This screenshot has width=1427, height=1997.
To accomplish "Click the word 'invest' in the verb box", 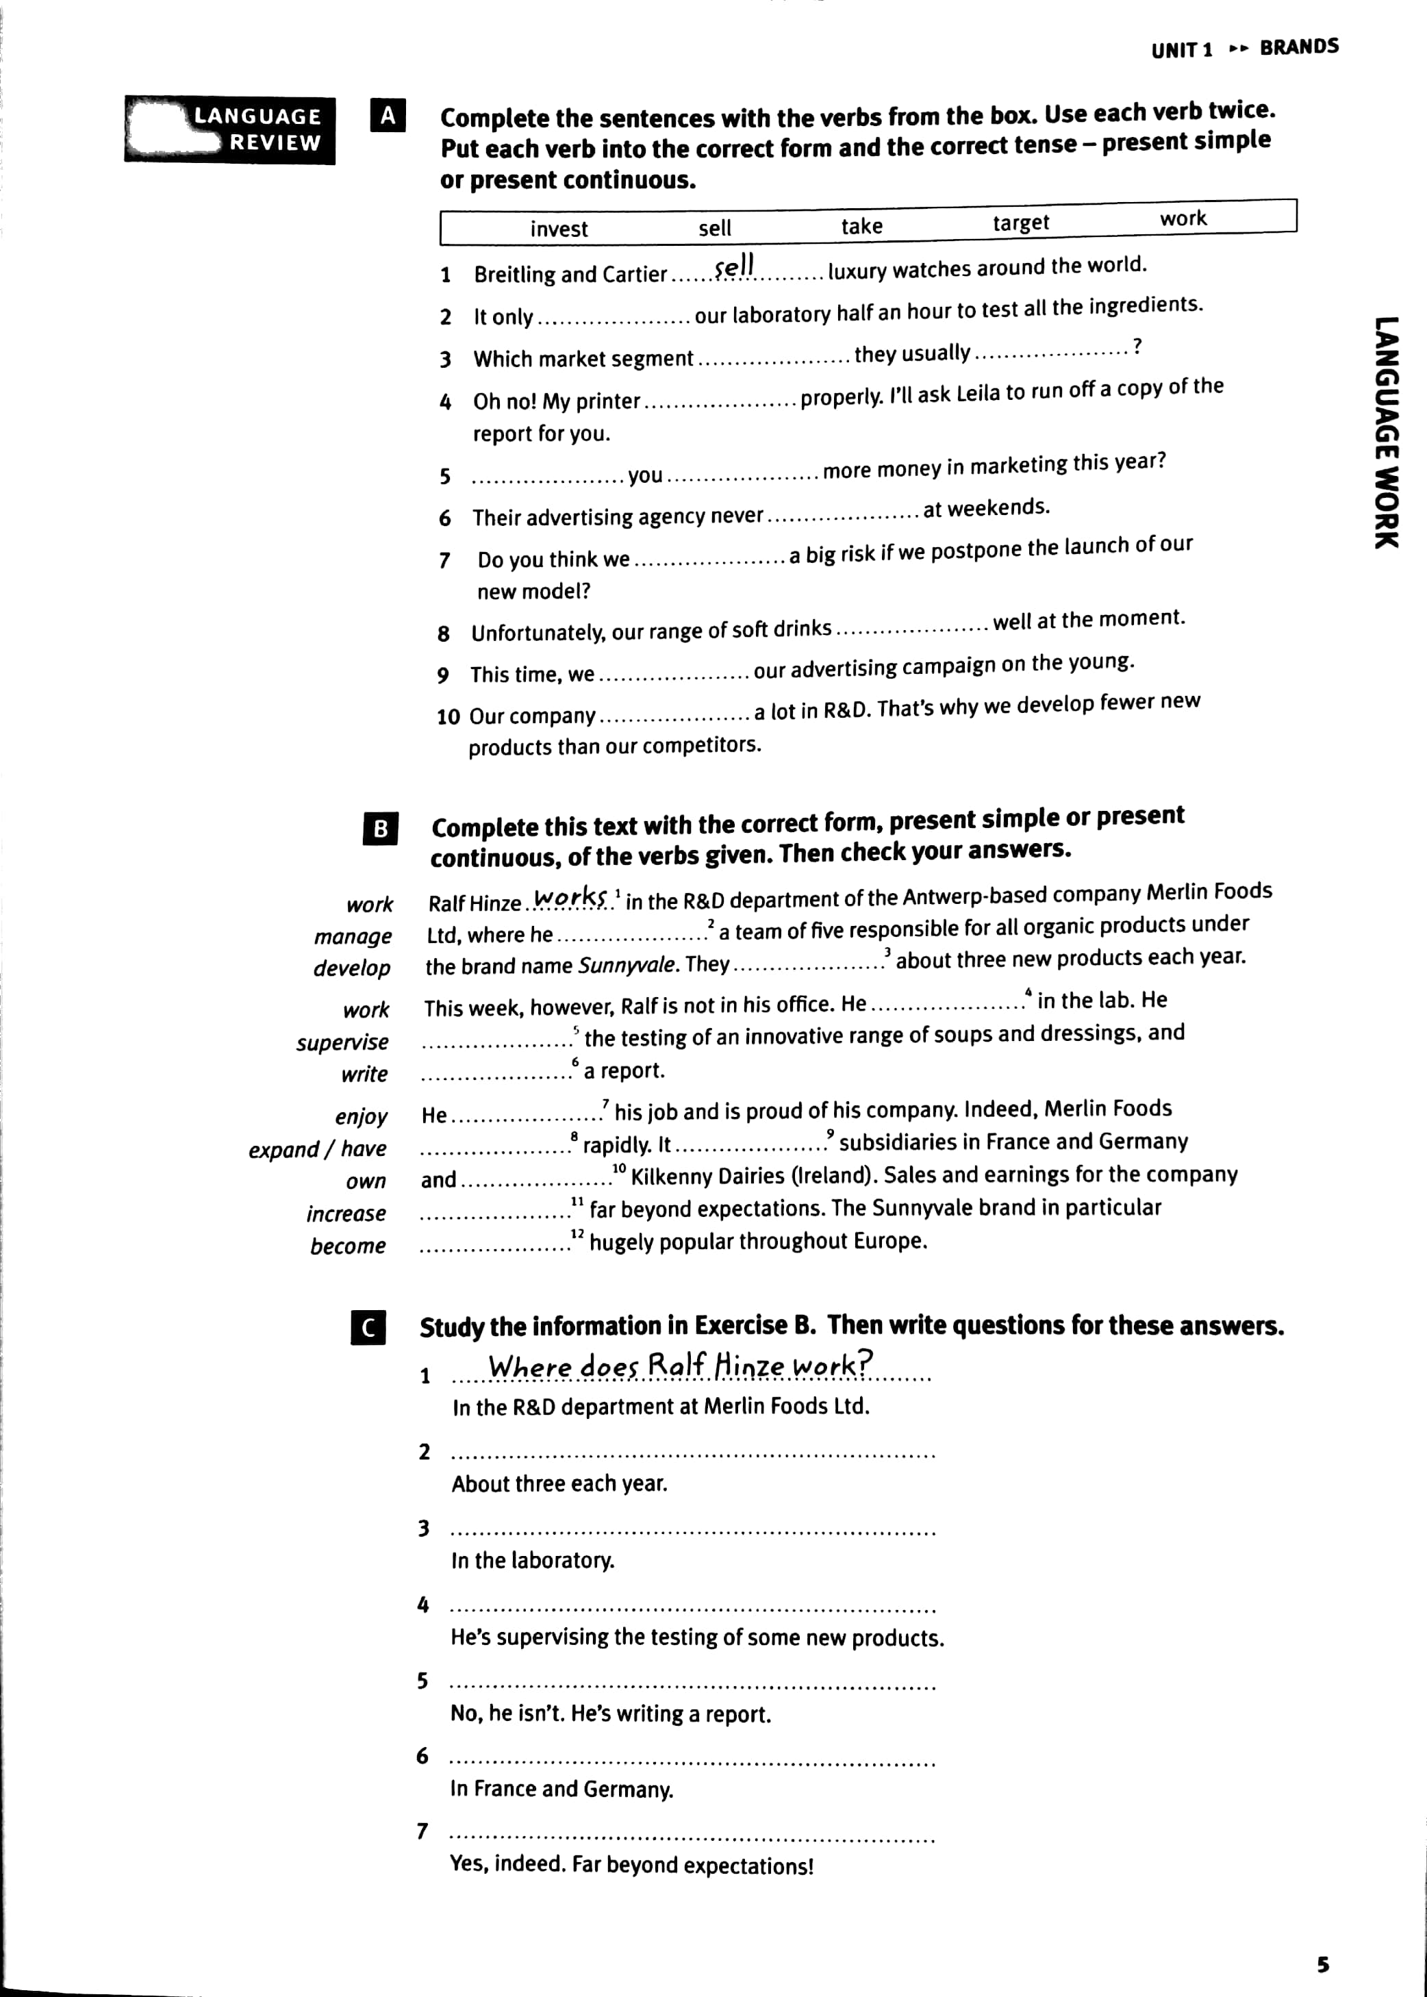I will (559, 229).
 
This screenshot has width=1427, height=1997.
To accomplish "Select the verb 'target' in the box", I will (1021, 223).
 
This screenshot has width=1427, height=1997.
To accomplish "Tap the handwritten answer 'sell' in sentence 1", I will (735, 266).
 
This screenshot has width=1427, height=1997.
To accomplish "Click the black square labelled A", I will (388, 115).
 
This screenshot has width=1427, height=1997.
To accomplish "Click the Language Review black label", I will (230, 130).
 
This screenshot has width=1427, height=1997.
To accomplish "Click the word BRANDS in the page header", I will (1299, 47).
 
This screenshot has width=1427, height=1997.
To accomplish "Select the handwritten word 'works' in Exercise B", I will (570, 898).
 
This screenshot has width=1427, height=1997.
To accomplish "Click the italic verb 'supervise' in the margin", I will (342, 1042).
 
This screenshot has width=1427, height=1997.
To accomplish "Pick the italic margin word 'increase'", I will (346, 1214).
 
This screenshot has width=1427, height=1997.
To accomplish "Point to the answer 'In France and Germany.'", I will (561, 1789).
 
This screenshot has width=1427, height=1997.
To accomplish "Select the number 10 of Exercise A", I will (448, 717).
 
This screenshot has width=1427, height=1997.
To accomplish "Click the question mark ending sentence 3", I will (1137, 346).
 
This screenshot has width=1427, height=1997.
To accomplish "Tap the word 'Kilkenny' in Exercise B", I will (672, 1177).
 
